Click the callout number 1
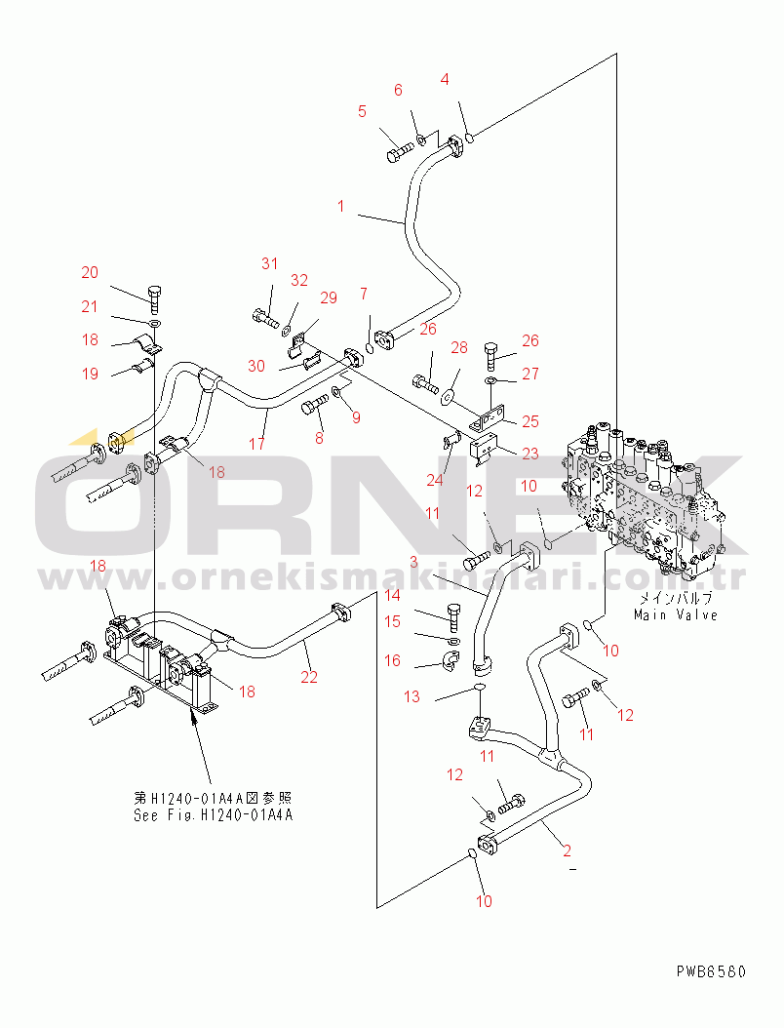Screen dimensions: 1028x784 click(341, 206)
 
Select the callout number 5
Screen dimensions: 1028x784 click(362, 111)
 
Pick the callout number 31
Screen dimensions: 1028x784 click(269, 263)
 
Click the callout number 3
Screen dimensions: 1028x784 click(412, 562)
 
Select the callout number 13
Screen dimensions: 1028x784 click(412, 696)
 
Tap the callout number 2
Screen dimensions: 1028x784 click(568, 850)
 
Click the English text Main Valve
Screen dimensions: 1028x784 click(675, 614)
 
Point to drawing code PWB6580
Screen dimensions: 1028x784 click(710, 971)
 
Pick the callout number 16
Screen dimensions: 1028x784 click(392, 660)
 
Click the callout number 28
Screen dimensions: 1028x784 click(458, 348)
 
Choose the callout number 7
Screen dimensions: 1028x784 click(363, 294)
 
